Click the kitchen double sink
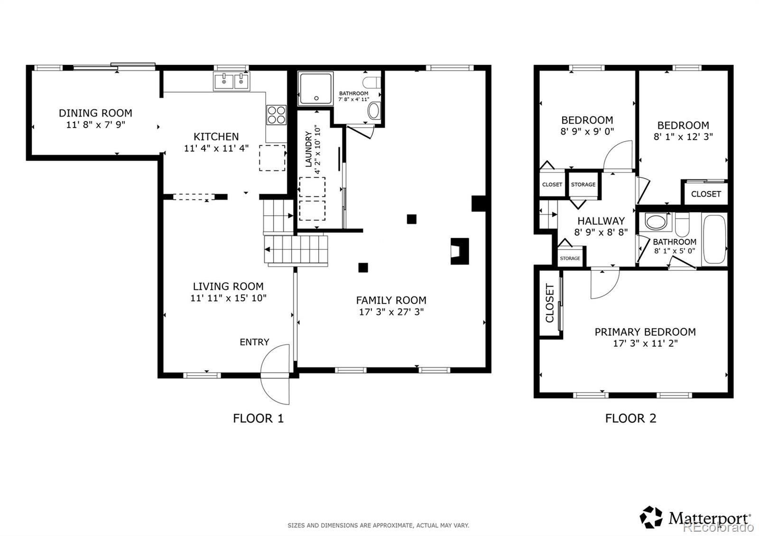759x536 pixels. (232, 81)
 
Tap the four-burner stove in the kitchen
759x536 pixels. (277, 115)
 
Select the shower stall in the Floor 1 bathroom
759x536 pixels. (315, 88)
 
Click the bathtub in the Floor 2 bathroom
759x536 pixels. (714, 240)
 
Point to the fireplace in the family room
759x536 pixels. (460, 251)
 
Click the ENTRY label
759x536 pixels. (254, 342)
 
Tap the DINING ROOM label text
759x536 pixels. (95, 113)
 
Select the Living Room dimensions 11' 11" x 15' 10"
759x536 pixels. (228, 298)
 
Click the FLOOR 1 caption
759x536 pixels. (258, 418)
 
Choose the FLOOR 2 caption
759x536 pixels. (631, 418)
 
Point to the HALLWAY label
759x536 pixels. (601, 221)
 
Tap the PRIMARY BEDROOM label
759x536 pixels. (646, 332)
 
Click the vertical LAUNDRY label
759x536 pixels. (308, 149)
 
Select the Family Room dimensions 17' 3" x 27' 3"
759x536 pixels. (391, 312)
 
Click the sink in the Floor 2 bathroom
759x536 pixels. (656, 222)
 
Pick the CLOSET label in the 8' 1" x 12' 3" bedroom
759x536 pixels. (706, 194)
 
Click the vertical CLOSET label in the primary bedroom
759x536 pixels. (550, 303)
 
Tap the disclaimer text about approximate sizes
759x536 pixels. (379, 526)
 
